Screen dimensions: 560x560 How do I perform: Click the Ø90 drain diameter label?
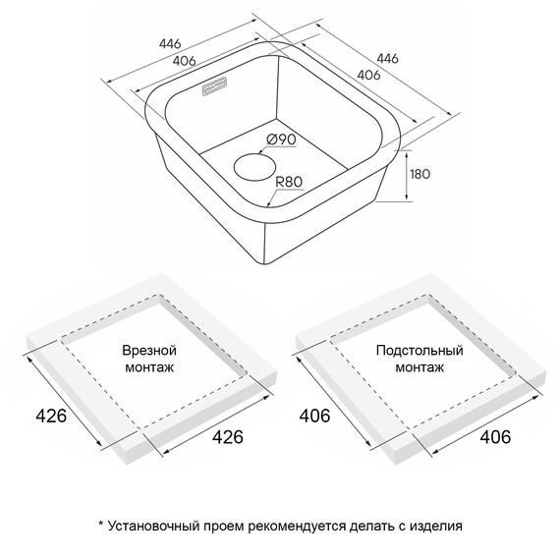point(281,139)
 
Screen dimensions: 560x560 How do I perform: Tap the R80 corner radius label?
point(289,182)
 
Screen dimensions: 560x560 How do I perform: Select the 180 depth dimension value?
point(420,174)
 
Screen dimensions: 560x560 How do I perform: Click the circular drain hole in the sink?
point(255,167)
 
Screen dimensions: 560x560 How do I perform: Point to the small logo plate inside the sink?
point(214,85)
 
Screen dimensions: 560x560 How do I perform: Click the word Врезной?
point(149,351)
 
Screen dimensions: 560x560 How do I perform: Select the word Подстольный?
point(420,350)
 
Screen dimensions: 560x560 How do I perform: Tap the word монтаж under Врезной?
point(149,367)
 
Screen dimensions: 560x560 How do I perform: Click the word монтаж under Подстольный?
point(420,367)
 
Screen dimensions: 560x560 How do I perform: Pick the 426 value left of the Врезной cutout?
point(51,416)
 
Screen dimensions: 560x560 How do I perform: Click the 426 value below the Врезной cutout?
point(228,436)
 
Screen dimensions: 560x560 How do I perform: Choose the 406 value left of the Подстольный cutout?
point(314,416)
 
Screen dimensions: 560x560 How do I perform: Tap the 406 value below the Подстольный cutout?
point(495,436)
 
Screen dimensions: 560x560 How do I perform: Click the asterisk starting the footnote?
point(101,524)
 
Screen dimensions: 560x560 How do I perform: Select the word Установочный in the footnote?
point(153,526)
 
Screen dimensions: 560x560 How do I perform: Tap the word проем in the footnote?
point(224,527)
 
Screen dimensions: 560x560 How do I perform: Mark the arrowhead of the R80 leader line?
point(268,204)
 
